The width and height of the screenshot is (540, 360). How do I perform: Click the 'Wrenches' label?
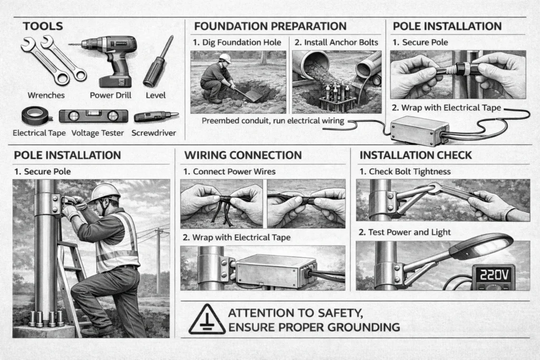pyautogui.click(x=45, y=95)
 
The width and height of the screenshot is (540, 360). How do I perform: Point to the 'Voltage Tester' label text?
pyautogui.click(x=92, y=133)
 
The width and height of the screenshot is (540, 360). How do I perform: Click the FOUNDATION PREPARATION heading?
pyautogui.click(x=270, y=26)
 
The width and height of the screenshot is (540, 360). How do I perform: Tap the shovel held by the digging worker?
pyautogui.click(x=248, y=95)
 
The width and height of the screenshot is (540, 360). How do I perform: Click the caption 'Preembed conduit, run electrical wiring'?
pyautogui.click(x=273, y=121)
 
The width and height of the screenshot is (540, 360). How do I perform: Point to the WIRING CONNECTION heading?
pyautogui.click(x=243, y=155)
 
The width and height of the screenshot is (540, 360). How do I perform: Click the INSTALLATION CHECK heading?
pyautogui.click(x=416, y=155)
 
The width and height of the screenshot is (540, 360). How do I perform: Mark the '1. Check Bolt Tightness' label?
pyautogui.click(x=404, y=172)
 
